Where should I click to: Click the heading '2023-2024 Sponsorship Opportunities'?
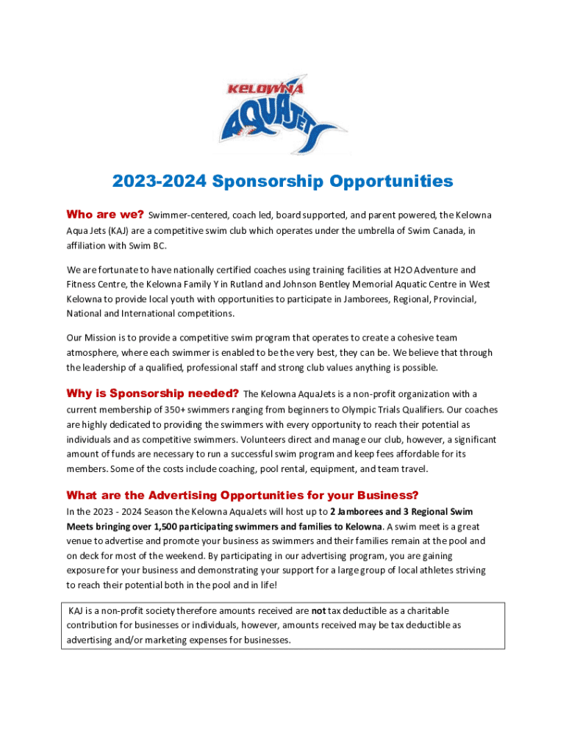283,181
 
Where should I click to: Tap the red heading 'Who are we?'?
105,215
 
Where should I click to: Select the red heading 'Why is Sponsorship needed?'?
152,393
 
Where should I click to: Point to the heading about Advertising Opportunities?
243,495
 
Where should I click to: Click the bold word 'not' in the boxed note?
318,611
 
